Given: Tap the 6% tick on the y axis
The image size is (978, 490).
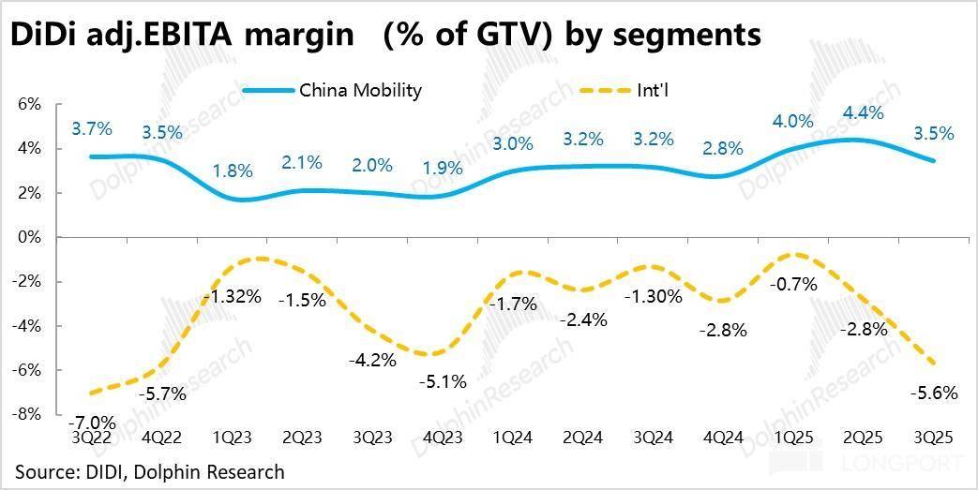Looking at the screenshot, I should (29, 105).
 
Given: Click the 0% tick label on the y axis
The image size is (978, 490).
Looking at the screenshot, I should (29, 238).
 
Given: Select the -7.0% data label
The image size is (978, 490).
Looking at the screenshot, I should (93, 422).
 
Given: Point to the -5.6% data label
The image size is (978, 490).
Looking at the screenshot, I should (934, 393).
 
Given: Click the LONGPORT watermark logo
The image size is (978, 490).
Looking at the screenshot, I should (895, 463).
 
